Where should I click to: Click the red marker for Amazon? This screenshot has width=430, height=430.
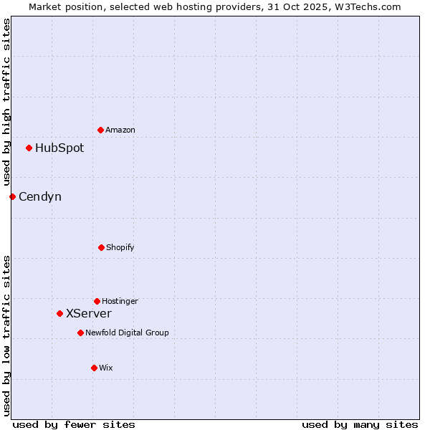click(100, 130)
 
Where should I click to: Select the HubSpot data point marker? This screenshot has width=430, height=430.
click(29, 148)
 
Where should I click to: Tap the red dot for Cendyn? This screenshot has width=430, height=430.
click(12, 196)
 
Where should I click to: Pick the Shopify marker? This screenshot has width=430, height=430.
click(101, 247)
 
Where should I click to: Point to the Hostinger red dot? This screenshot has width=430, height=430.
click(97, 301)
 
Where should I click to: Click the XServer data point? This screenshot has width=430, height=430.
click(59, 313)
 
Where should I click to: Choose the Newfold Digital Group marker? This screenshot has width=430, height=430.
click(80, 333)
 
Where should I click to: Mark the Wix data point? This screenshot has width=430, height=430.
click(94, 368)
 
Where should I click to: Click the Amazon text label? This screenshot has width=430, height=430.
click(120, 130)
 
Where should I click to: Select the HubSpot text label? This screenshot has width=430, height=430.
click(59, 148)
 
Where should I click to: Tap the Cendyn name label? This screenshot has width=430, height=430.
click(40, 196)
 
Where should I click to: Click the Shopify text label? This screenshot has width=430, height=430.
click(120, 247)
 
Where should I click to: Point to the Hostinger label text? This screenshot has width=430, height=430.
click(120, 301)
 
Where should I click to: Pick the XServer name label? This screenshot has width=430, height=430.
click(89, 313)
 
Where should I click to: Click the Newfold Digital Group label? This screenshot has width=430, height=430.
click(128, 333)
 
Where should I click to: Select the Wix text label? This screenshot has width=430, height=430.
click(106, 368)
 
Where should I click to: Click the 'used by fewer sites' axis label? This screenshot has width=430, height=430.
click(74, 424)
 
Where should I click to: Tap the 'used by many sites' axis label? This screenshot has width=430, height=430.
click(360, 424)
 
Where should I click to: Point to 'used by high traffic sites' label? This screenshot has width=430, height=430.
click(7, 102)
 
